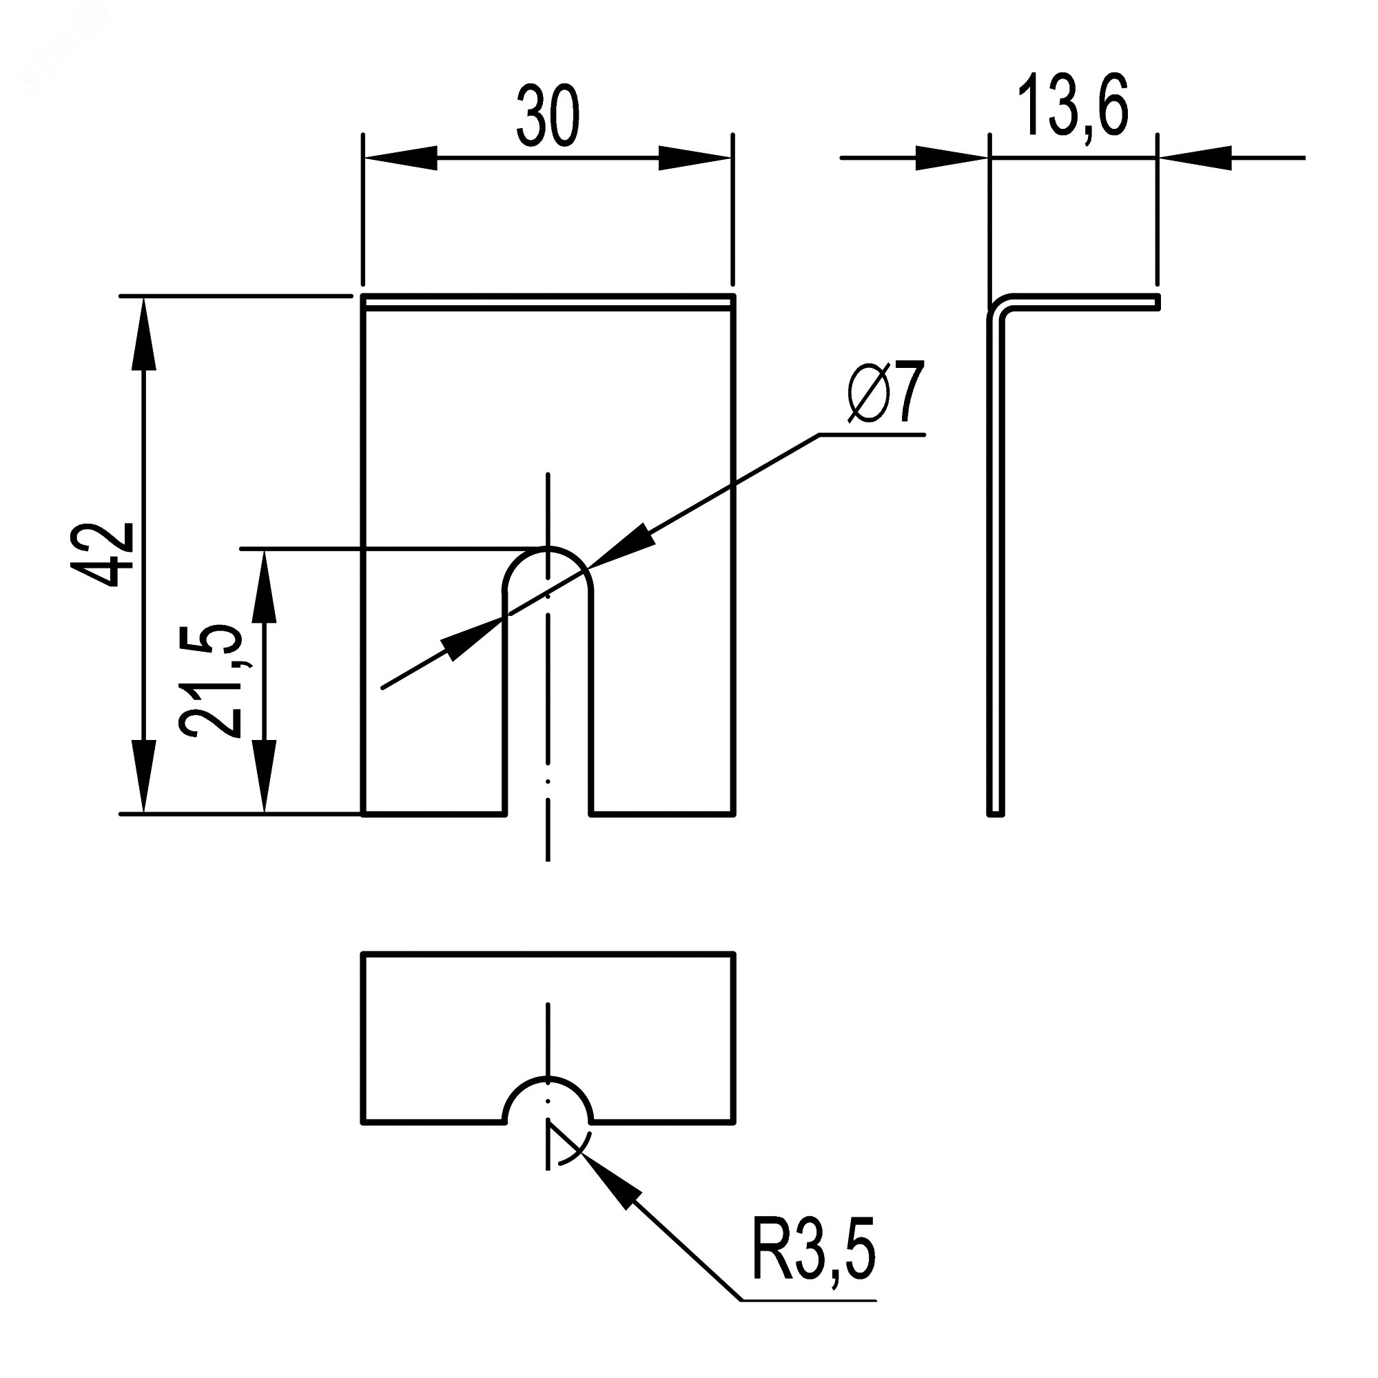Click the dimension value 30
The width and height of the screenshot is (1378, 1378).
click(x=548, y=116)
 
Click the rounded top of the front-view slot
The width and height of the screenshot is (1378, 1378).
click(x=548, y=553)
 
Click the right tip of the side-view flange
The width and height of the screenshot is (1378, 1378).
click(x=1156, y=302)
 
